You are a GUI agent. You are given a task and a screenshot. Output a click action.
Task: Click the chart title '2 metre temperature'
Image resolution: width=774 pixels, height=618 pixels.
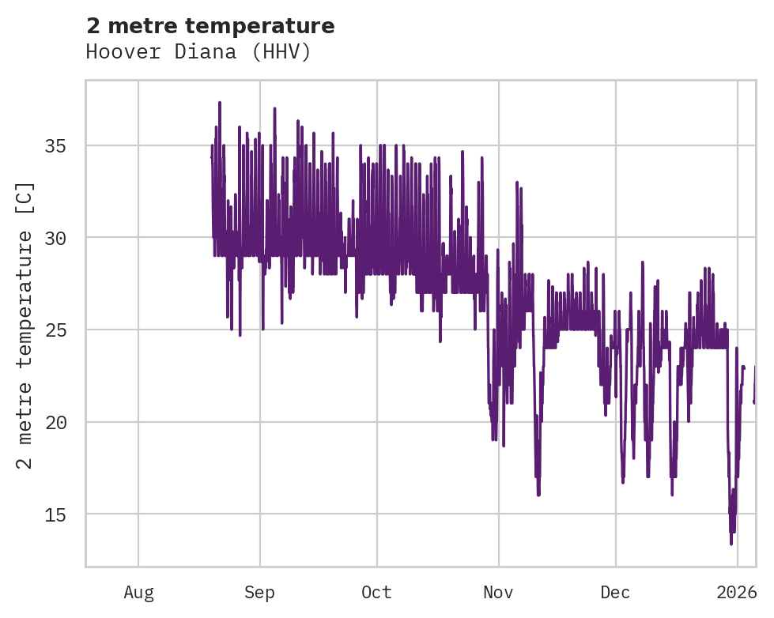point(210,26)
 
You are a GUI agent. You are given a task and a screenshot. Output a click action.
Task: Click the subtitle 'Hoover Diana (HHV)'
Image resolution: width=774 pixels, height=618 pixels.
point(198,52)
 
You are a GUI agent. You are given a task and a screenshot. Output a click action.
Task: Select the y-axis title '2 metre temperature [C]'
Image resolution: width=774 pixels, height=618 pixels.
point(25,325)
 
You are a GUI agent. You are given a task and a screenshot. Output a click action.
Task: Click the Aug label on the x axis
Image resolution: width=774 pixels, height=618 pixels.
point(138,592)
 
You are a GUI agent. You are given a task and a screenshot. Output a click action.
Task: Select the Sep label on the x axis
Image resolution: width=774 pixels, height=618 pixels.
point(259,592)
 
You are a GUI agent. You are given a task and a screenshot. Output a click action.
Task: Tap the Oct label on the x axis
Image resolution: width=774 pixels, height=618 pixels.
point(377,592)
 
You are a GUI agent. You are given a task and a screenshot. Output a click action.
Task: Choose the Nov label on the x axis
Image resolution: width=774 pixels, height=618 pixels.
point(499,592)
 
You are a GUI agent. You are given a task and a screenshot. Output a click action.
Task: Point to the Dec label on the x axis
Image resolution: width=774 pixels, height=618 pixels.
point(615,592)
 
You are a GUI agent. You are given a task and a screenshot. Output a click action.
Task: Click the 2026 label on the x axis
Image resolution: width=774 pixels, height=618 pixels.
point(737,592)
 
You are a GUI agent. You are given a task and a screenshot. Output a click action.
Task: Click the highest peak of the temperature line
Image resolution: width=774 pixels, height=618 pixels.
point(220,102)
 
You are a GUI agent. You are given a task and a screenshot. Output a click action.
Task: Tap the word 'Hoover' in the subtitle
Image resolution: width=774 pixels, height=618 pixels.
point(115,52)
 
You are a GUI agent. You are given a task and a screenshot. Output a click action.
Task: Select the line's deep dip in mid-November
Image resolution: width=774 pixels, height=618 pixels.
point(538,495)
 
